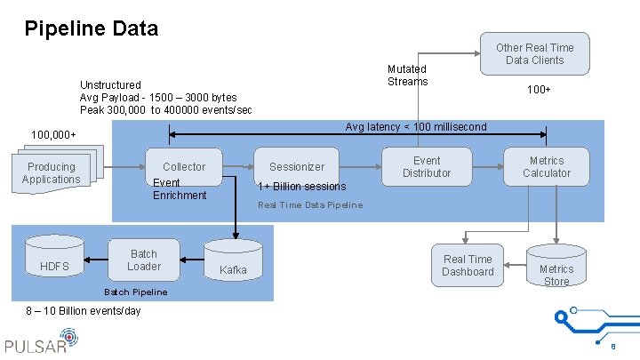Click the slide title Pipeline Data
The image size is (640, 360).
(92, 28)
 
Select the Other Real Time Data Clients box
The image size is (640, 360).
(534, 53)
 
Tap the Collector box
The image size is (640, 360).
(184, 166)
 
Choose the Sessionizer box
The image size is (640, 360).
(297, 166)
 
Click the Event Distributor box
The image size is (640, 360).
(427, 166)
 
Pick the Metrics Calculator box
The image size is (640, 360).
(546, 166)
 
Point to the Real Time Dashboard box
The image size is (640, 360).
(468, 265)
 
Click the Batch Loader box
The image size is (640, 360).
(144, 260)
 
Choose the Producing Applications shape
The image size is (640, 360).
(52, 173)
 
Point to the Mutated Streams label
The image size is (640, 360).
(407, 76)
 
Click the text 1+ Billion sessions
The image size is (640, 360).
(301, 187)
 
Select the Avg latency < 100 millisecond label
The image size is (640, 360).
(416, 126)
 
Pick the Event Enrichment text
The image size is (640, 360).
(180, 189)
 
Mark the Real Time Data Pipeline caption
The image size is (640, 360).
(310, 205)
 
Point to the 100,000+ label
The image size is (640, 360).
(53, 134)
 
